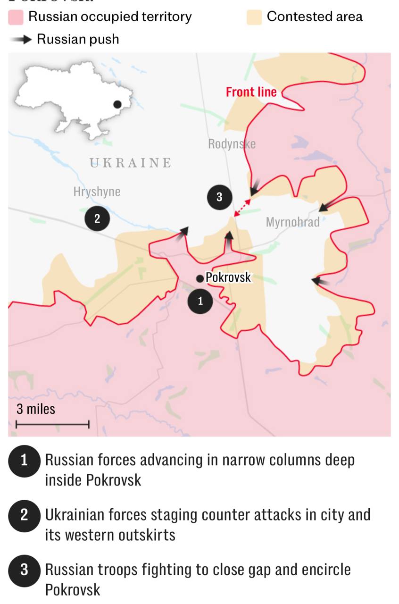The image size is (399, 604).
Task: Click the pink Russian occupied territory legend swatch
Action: pos(16,17)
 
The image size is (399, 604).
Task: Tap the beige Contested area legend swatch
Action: pos(254,17)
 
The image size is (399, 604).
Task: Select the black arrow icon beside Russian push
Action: pos(21,40)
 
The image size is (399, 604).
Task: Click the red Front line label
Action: pos(251,92)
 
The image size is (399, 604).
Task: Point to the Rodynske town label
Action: pos(232,144)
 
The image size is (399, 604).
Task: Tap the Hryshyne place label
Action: pos(97,192)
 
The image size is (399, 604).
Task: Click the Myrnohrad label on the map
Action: pos(292,222)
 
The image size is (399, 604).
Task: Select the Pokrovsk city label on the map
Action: pos(229,277)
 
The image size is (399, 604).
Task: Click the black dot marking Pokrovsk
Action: pos(200,278)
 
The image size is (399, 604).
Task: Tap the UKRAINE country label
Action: pos(131,163)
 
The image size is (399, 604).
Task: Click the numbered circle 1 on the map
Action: pos(200,301)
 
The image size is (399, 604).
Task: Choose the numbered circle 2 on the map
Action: pos(97,218)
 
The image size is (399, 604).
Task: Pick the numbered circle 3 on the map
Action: pos(219,197)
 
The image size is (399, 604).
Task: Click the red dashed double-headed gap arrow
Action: pos(243,208)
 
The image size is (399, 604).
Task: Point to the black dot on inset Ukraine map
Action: pos(117,104)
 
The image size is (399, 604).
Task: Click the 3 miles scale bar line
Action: pos(52,425)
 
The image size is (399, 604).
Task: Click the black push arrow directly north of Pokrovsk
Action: pos(229,239)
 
